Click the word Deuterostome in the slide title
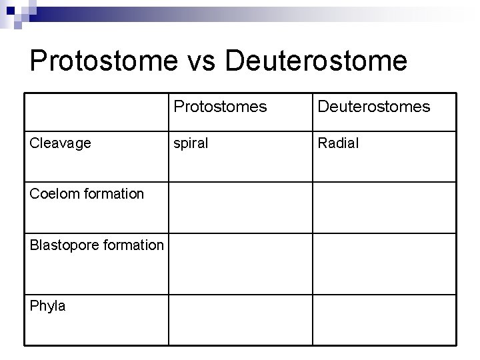[x=316, y=61]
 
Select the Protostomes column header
[x=220, y=107]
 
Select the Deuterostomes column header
[x=373, y=107]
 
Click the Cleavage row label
[x=61, y=143]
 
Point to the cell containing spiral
[x=191, y=143]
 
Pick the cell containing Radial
[x=338, y=143]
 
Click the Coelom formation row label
[x=87, y=194]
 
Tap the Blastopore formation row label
[x=96, y=245]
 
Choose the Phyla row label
[x=48, y=306]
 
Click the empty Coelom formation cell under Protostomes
[x=240, y=207]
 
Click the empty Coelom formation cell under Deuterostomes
[x=385, y=207]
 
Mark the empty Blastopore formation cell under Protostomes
[x=240, y=259]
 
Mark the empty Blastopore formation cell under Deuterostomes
[x=385, y=259]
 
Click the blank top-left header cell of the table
[x=97, y=111]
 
